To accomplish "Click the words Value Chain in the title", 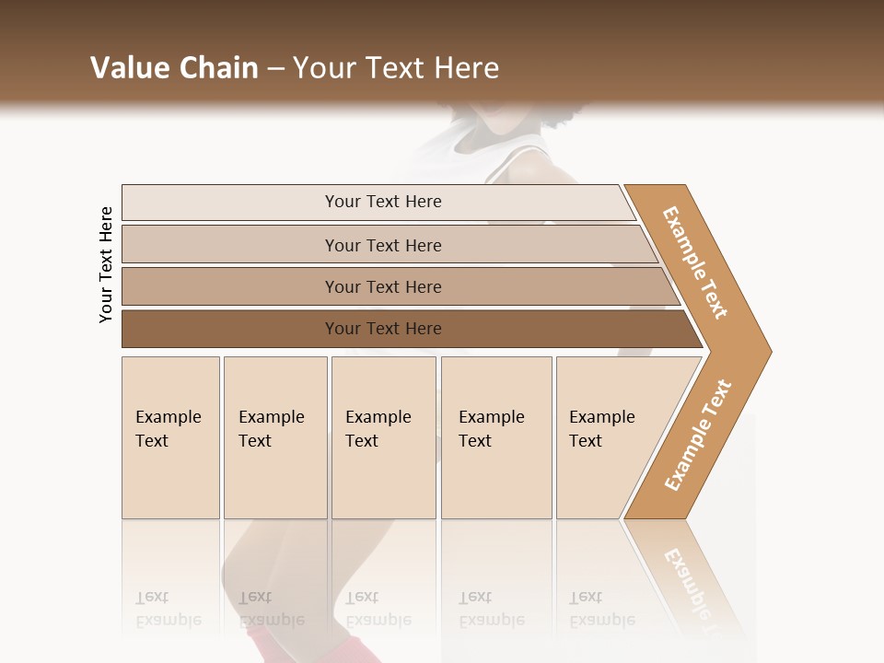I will pyautogui.click(x=174, y=68).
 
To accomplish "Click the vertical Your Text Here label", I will pyautogui.click(x=106, y=264).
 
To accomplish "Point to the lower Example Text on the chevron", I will pyautogui.click(x=697, y=436).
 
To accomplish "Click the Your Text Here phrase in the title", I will pyautogui.click(x=396, y=68).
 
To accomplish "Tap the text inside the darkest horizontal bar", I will pyautogui.click(x=383, y=329).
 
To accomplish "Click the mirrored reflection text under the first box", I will pyautogui.click(x=168, y=609).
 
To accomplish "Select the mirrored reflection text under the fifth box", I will pyautogui.click(x=601, y=609).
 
